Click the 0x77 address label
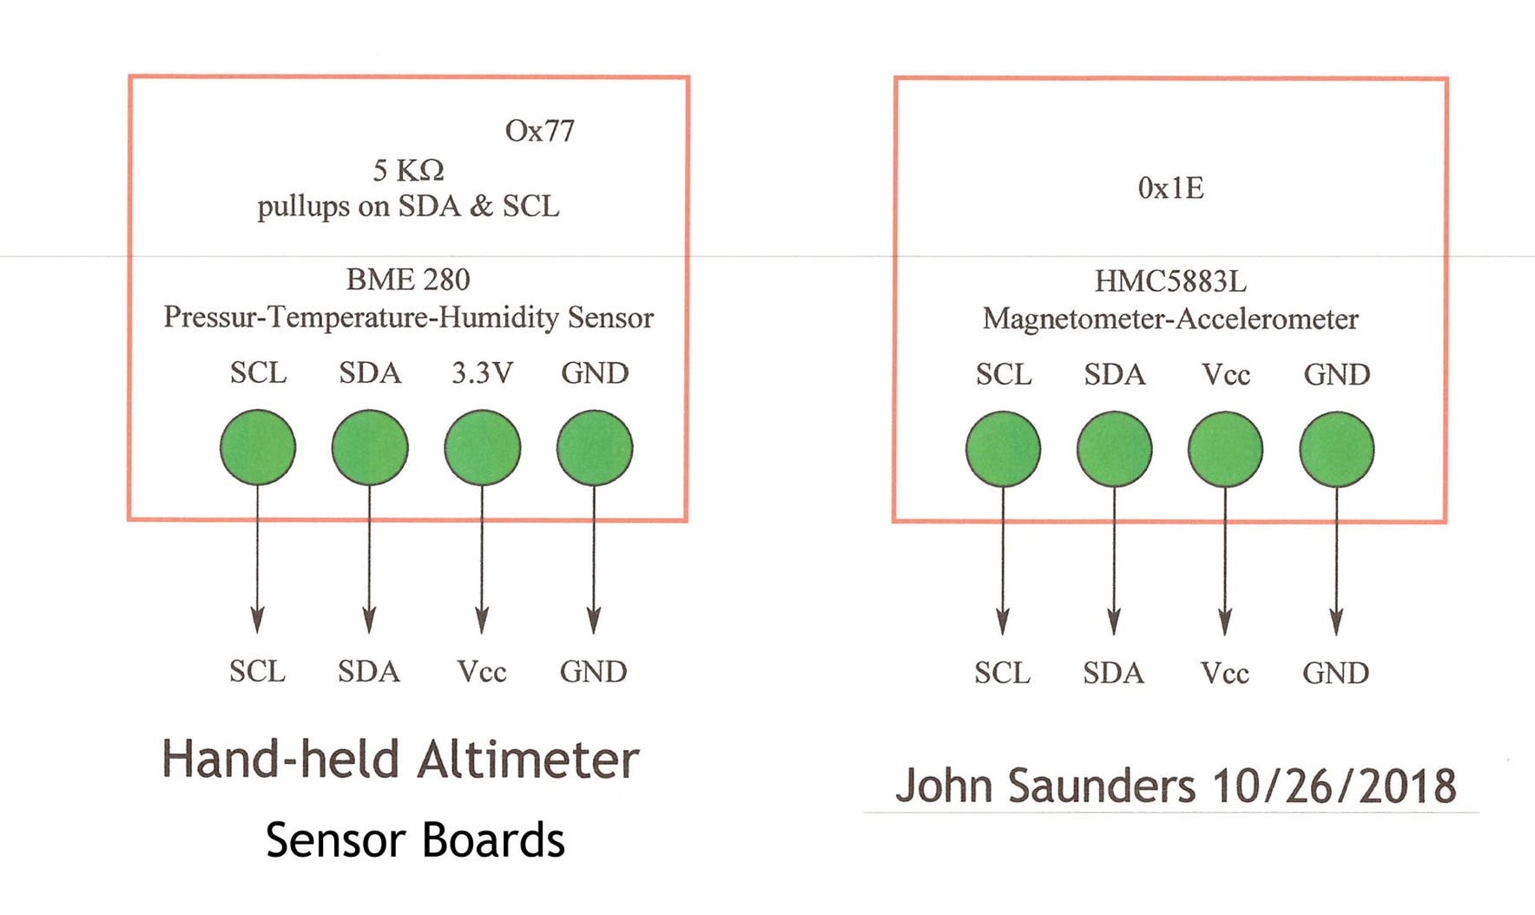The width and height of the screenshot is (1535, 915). (539, 131)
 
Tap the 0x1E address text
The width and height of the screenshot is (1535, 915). (1170, 188)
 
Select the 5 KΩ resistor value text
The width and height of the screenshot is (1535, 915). (408, 170)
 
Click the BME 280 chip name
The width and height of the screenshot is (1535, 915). (408, 280)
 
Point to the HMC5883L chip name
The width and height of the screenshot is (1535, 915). (1170, 281)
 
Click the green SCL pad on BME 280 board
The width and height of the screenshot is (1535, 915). (258, 447)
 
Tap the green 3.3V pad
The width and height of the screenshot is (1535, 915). (482, 447)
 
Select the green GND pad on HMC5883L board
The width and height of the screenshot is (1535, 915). (1336, 449)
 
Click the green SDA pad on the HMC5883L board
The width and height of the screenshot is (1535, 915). (1114, 449)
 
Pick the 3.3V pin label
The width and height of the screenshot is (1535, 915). (482, 373)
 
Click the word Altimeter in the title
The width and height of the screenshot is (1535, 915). (528, 760)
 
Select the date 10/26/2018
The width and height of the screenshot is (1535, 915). (1334, 786)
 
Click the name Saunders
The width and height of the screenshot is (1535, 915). (1101, 786)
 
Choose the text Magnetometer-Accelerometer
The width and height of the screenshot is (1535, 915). (1170, 319)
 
